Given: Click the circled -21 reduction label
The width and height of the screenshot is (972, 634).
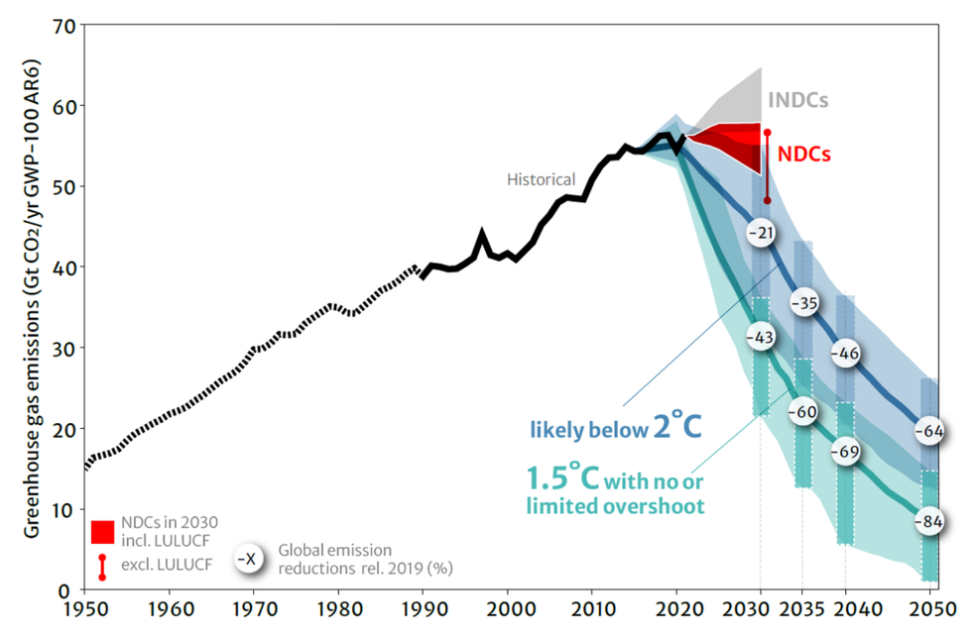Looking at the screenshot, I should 762,233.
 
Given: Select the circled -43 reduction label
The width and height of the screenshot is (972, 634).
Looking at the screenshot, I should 761,338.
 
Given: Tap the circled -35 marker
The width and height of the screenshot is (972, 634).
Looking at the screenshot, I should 803,303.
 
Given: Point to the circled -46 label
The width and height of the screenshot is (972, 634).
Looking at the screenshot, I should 844,353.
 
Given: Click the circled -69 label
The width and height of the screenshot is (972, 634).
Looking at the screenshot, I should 844,452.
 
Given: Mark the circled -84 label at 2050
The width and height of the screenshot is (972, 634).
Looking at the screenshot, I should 929,521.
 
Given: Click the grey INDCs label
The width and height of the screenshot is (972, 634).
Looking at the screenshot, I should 797,100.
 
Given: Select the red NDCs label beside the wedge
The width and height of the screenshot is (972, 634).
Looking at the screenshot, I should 804,155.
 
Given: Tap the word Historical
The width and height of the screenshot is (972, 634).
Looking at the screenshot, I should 541,179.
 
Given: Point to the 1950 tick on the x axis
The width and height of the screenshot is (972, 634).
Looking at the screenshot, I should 85,606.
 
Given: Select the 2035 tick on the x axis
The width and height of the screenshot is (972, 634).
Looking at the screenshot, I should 802,606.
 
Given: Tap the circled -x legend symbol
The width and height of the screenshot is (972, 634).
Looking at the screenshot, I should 249,559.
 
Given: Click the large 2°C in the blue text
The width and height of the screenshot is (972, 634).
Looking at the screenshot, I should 677,427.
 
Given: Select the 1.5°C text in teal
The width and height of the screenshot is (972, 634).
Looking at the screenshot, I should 560,479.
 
